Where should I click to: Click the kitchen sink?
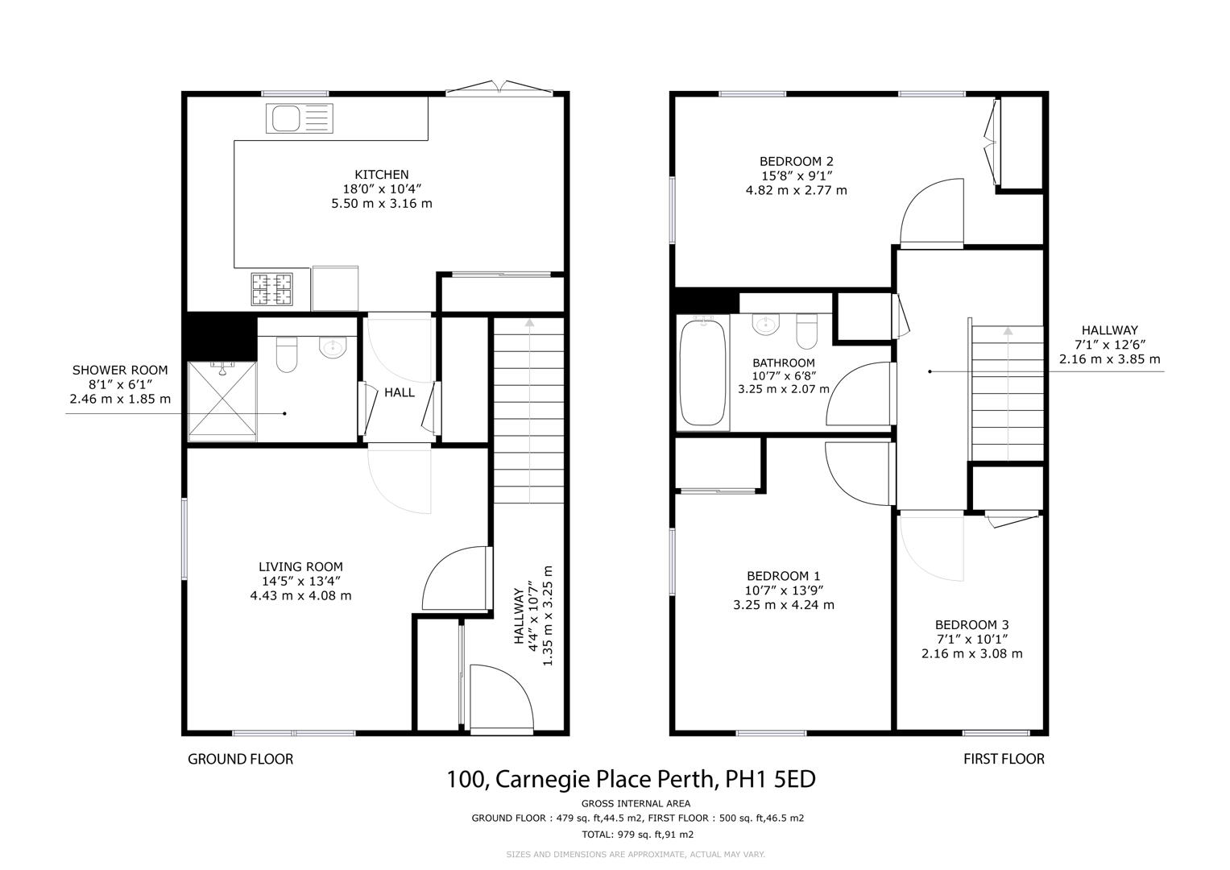point(300,118)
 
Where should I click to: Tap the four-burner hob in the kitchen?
point(271,289)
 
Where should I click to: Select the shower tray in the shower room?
point(222,401)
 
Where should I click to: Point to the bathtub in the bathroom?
point(702,372)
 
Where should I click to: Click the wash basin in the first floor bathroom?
point(765,324)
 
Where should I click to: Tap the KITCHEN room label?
point(382,175)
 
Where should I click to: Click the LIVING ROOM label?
point(301,566)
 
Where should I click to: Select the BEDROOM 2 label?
point(796,161)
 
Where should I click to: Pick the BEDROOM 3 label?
point(972,624)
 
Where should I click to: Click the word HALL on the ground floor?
point(400,392)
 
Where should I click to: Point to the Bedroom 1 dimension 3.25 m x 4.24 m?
point(784,605)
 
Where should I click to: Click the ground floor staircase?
point(528,410)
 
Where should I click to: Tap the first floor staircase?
point(1008,393)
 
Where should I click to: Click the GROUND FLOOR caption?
point(241,759)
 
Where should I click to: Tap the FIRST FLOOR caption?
point(1004,759)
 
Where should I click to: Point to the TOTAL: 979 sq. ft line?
point(637,835)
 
